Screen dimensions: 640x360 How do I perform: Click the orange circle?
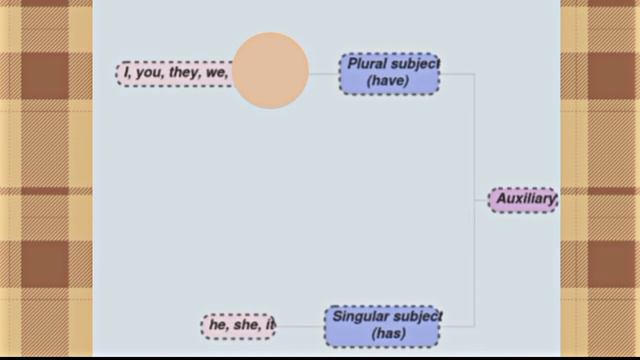(x=270, y=70)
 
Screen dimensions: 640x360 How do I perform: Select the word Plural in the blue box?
(x=367, y=64)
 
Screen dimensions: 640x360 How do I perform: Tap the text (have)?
(x=388, y=82)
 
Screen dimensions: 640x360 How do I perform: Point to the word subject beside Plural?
(x=414, y=64)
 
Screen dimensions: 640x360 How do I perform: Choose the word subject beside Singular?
(x=419, y=317)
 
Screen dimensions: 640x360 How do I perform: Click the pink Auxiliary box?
(x=523, y=200)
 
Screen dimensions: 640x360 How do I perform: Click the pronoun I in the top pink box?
(x=127, y=73)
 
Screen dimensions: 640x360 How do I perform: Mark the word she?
(x=244, y=325)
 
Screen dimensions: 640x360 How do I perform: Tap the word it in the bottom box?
(x=268, y=325)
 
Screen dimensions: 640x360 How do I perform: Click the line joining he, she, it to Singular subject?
(x=300, y=325)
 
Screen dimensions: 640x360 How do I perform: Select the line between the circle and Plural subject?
(x=324, y=73)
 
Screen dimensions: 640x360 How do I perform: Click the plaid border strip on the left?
(x=45, y=180)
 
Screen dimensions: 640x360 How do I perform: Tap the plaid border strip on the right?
(x=600, y=180)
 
